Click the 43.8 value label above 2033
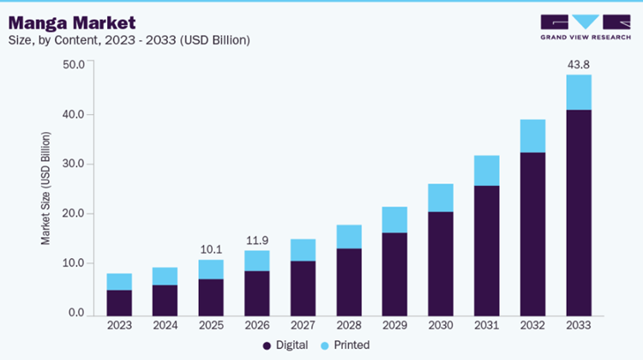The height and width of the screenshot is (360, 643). click(x=578, y=63)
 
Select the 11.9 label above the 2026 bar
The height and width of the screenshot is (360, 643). click(x=257, y=240)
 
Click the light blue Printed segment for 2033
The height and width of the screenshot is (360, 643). click(x=578, y=93)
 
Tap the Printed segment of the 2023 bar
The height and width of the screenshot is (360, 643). click(x=119, y=282)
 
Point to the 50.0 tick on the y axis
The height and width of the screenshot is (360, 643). click(x=74, y=64)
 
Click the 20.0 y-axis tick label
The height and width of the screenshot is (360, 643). click(x=74, y=213)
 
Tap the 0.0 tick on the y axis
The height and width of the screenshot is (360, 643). click(x=76, y=314)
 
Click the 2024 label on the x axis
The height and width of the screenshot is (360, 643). click(x=165, y=325)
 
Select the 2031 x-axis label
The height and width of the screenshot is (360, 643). click(x=486, y=325)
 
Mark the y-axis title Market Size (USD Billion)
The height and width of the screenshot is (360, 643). click(x=46, y=189)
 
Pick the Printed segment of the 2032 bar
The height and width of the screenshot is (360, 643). click(x=532, y=135)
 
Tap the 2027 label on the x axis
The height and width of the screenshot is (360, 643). click(x=303, y=325)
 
